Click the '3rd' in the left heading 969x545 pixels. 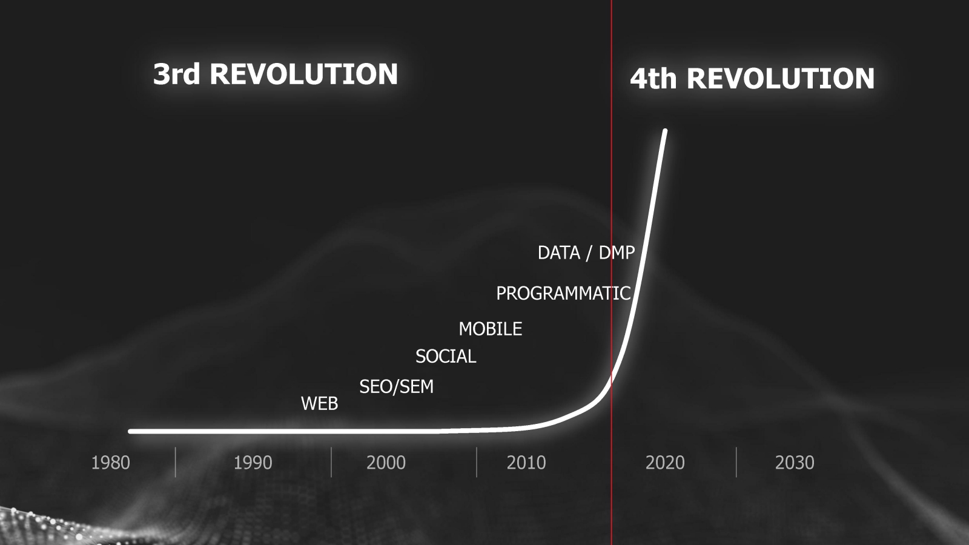176,74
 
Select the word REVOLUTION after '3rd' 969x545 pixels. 303,74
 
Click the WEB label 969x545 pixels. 319,403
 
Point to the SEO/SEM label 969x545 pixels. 396,387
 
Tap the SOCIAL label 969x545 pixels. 446,357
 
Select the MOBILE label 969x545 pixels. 490,329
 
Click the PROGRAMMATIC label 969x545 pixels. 563,293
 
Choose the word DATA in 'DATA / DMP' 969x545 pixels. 558,253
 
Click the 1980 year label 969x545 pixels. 110,463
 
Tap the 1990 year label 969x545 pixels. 253,463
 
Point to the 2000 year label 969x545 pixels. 386,463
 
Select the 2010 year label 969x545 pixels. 526,463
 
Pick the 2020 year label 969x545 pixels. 665,463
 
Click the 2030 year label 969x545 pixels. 795,463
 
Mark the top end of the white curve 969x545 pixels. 666,131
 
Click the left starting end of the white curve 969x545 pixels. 131,431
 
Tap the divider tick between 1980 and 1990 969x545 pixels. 175,462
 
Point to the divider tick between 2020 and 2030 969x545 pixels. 736,462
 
